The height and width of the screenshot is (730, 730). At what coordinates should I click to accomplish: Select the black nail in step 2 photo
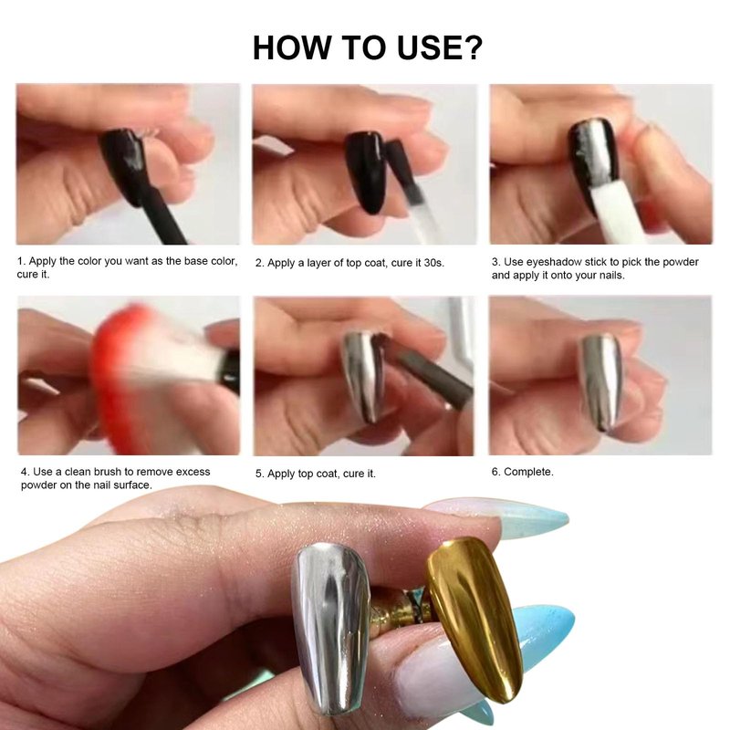[367, 172]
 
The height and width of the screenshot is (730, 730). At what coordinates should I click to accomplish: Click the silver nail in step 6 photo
[601, 381]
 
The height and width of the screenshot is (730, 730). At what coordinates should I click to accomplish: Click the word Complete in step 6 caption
[528, 472]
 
